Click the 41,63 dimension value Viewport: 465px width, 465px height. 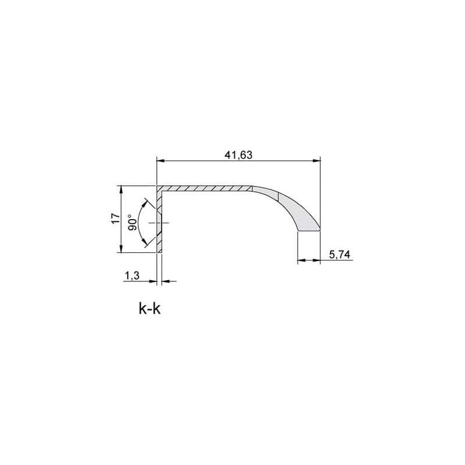(238, 155)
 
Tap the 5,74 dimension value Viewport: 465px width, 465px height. (339, 255)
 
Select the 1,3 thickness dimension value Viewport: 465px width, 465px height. (132, 276)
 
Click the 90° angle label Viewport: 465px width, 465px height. (132, 223)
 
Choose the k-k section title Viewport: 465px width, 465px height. (150, 309)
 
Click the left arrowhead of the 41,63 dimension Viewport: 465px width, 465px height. (160, 161)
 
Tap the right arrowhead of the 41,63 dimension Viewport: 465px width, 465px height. (317, 161)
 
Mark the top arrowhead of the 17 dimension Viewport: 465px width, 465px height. (121, 190)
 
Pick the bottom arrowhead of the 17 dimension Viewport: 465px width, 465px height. (121, 249)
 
